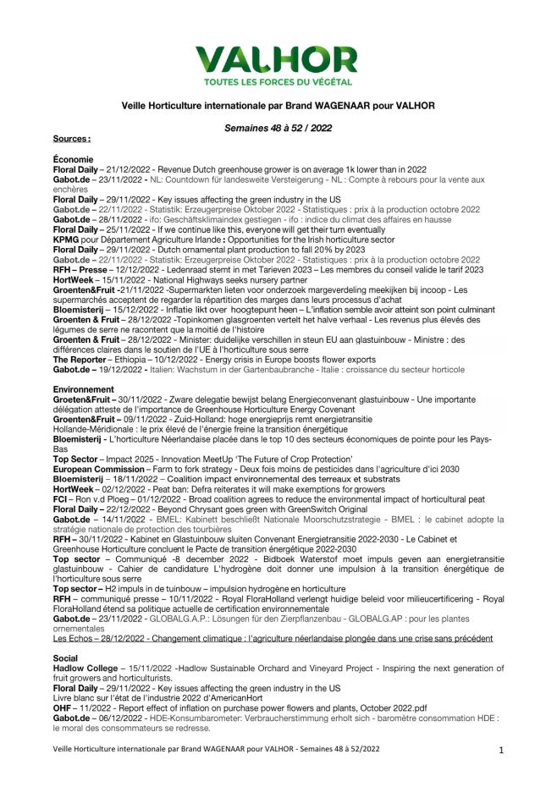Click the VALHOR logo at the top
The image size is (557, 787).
point(264,60)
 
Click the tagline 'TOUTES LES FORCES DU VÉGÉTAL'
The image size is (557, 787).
point(264,82)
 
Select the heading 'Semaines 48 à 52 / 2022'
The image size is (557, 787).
point(278,127)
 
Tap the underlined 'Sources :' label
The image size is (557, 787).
point(71,138)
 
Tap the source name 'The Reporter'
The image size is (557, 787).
point(82,359)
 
